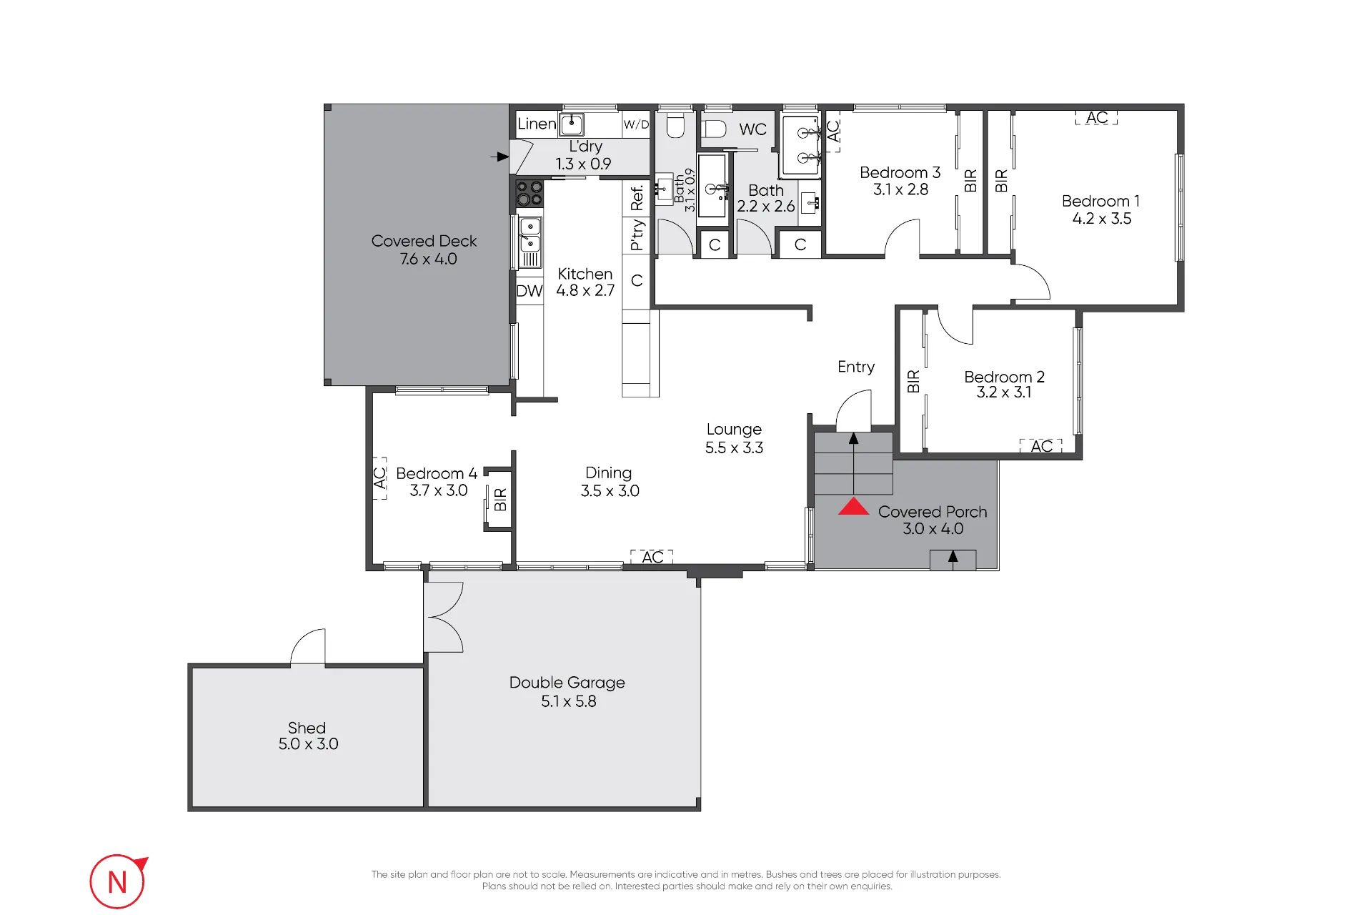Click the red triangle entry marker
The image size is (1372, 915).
(853, 507)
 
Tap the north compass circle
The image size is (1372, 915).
(117, 881)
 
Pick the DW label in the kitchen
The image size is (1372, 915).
(530, 291)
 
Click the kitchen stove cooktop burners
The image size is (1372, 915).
(530, 193)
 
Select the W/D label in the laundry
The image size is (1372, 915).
(636, 124)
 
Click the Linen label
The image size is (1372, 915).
(537, 124)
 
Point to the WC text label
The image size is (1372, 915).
(752, 129)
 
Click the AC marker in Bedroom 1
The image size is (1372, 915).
(1097, 117)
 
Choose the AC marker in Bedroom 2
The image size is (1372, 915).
(1041, 446)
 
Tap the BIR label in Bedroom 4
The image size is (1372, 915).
(500, 499)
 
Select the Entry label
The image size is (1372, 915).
(856, 367)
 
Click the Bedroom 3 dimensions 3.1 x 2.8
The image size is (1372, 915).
(900, 189)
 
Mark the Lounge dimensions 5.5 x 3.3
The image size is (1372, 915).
(734, 447)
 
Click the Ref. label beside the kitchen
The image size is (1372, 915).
(637, 198)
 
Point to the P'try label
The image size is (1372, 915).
(637, 235)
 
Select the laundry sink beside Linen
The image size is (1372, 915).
(572, 124)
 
